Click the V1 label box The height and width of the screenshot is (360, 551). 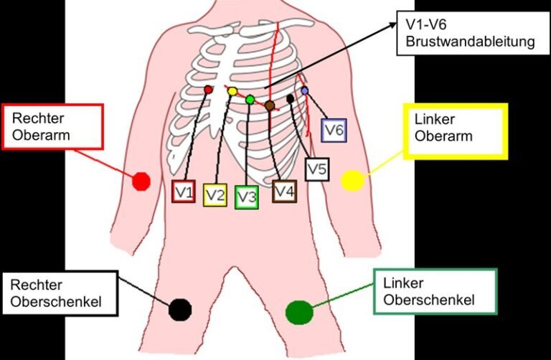183,191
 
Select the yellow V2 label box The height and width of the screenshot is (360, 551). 215,195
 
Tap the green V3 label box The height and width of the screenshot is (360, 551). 247,197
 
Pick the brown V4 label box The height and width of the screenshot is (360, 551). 284,191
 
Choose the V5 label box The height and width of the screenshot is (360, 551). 317,169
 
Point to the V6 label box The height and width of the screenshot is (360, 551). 334,131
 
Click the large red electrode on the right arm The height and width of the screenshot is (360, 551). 141,181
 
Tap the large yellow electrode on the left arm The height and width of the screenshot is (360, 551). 353,181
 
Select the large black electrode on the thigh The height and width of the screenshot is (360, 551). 180,310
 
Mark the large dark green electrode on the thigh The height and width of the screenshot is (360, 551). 299,313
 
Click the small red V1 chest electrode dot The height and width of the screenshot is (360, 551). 208,90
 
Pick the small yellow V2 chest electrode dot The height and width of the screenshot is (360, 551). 232,92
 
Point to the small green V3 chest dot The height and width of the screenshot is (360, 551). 250,100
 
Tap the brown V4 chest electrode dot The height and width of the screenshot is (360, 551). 270,105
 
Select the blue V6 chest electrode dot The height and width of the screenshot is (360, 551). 305,91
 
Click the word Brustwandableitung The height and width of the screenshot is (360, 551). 470,42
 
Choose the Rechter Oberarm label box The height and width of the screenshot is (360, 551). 52,127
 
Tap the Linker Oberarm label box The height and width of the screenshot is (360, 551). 456,131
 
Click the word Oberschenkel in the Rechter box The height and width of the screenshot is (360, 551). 56,302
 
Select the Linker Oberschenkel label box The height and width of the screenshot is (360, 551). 435,291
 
